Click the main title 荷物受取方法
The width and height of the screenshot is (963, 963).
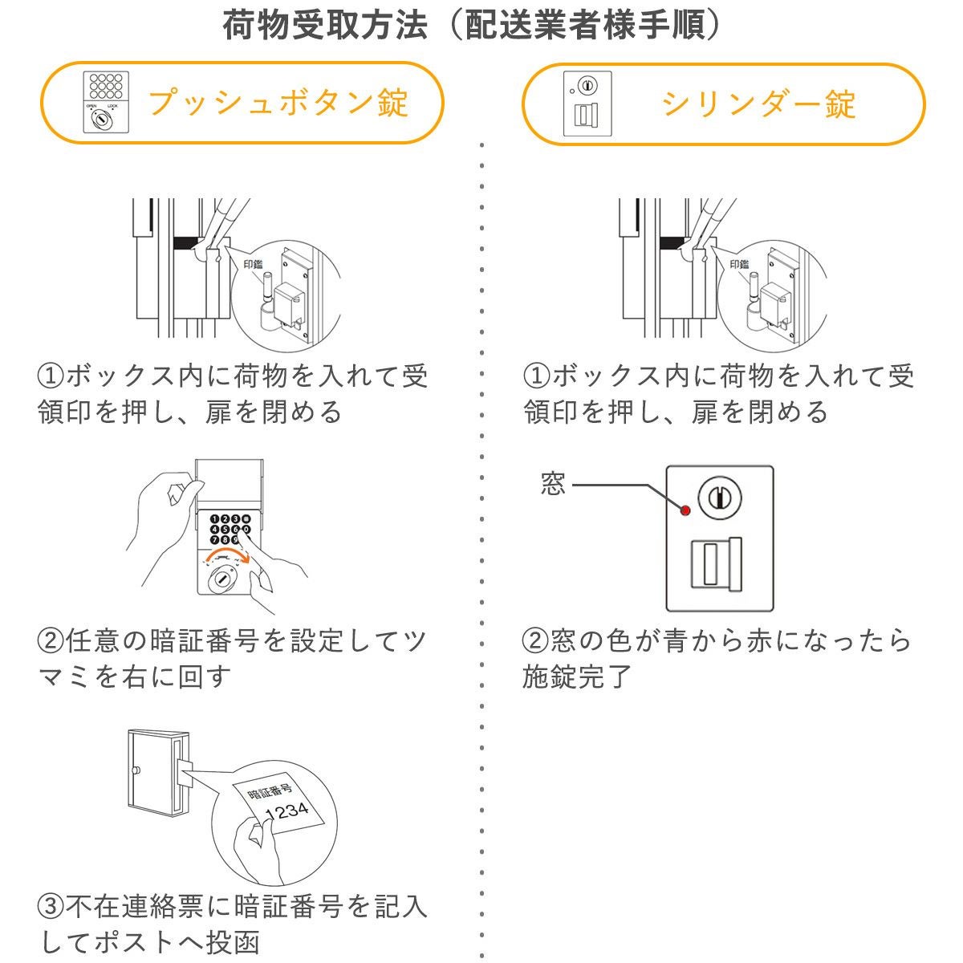click(x=324, y=26)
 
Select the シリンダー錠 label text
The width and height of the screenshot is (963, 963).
click(x=758, y=104)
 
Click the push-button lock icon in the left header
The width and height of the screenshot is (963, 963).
click(x=107, y=103)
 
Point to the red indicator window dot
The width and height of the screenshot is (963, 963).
click(x=685, y=510)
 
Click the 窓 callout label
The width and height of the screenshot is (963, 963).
click(x=553, y=485)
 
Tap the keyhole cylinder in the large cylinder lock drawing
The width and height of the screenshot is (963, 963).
click(x=719, y=498)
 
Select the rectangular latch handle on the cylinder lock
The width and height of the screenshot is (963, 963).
click(x=716, y=565)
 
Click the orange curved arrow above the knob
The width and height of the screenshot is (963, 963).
click(x=231, y=555)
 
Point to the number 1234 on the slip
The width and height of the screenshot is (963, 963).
click(x=286, y=811)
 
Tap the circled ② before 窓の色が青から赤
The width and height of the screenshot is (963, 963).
click(x=535, y=641)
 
